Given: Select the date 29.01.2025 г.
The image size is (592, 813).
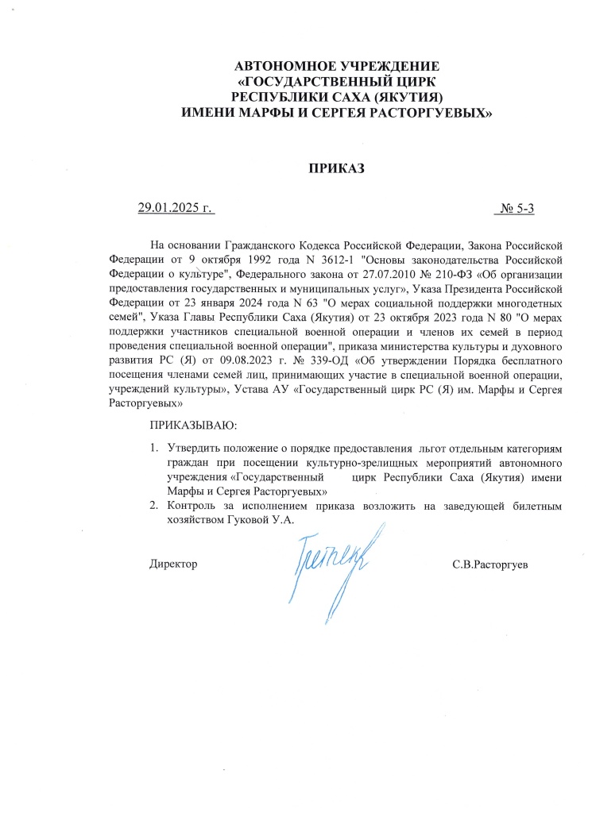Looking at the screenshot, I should pyautogui.click(x=177, y=209).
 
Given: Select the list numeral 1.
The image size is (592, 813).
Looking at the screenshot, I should pyautogui.click(x=154, y=448).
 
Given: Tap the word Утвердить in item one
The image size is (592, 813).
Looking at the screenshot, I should pyautogui.click(x=192, y=448).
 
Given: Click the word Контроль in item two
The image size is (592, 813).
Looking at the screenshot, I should pyautogui.click(x=192, y=506).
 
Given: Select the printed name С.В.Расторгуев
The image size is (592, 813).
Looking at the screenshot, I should pyautogui.click(x=490, y=564).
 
